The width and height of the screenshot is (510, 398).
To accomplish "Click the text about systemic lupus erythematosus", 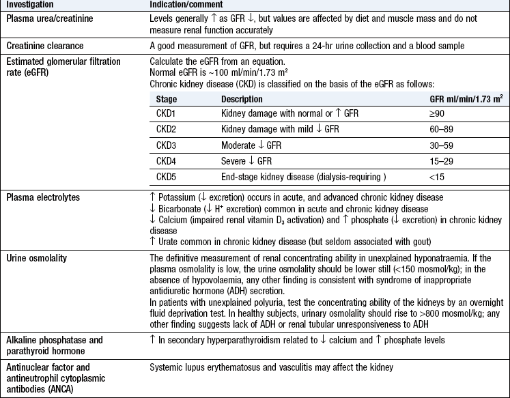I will [272, 367].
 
